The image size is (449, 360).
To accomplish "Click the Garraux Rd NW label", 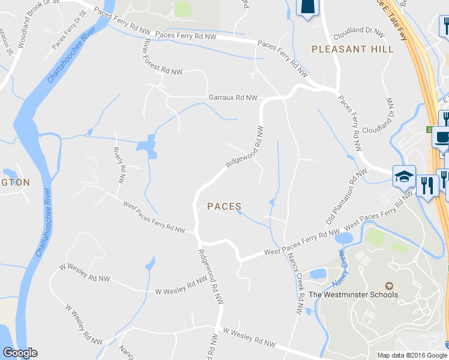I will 233,97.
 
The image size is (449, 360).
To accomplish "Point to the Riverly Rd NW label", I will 120,164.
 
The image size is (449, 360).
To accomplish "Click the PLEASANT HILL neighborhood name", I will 352,49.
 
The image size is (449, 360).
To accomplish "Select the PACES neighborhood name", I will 224,206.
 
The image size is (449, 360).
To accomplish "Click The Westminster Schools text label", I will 353,295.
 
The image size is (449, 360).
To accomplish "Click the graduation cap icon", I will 404,176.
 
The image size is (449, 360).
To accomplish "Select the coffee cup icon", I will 442,137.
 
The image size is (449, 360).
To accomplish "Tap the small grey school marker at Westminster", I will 389,285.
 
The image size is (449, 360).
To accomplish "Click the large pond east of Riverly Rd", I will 147,146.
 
